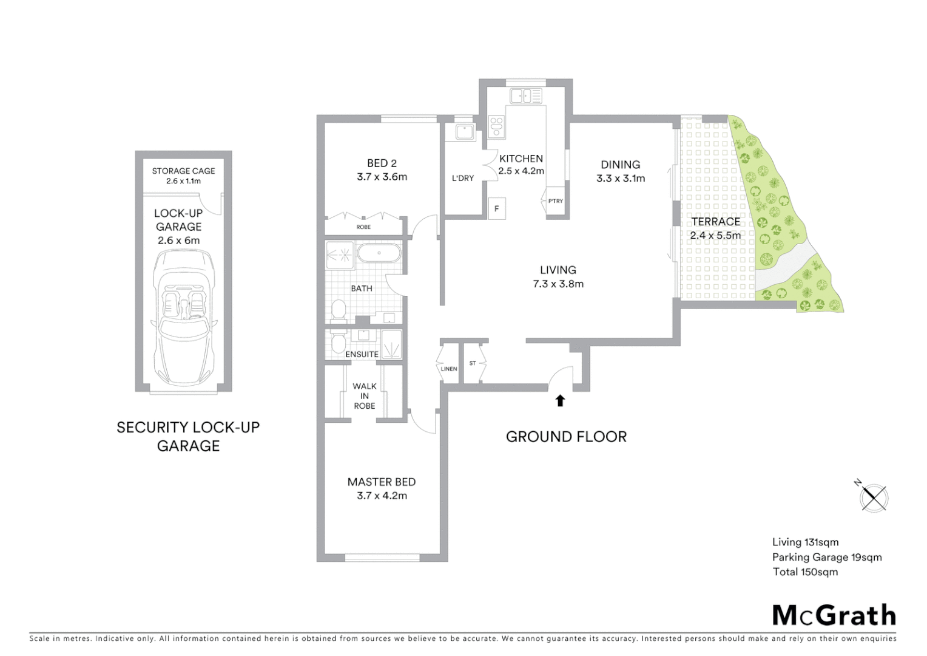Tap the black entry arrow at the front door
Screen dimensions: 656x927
coord(560,400)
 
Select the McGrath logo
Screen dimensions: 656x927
coord(834,615)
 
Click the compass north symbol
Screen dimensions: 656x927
coord(873,497)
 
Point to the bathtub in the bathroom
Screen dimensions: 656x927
coord(379,253)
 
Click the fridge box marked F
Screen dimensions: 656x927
coord(496,208)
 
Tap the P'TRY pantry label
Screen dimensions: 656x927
coord(555,201)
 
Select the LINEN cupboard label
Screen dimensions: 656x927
coord(449,369)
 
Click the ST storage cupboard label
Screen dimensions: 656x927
coord(473,363)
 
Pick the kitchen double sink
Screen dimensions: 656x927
coord(525,96)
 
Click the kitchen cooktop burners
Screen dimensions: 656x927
coord(497,126)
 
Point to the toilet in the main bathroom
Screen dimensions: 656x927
coord(339,310)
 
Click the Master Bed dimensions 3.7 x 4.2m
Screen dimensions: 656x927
coord(382,496)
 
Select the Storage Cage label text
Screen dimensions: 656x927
coord(183,171)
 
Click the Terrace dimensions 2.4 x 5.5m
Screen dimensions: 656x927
coord(715,236)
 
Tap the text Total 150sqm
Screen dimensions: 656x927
coord(805,572)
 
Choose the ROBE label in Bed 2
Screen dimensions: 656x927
coord(363,227)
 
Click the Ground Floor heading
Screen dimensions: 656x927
coord(566,437)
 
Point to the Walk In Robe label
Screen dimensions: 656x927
coord(365,396)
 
